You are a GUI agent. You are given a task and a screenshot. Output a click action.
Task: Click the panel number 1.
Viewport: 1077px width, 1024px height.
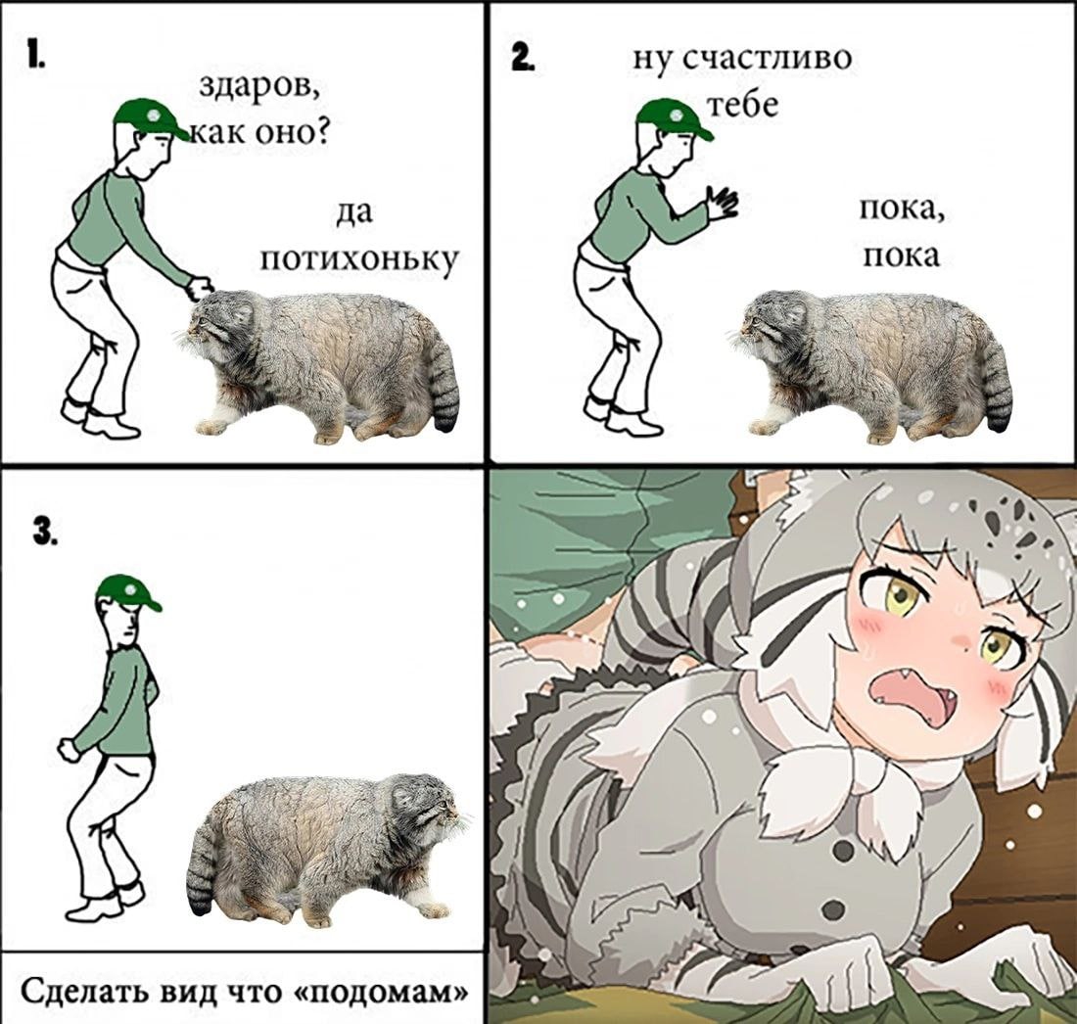pos(35,54)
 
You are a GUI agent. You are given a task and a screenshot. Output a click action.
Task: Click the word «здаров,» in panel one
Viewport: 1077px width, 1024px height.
pos(259,88)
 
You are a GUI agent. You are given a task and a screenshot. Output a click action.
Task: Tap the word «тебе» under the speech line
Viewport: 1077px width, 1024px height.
pos(742,106)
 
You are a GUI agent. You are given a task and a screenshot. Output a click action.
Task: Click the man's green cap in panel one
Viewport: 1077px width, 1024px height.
pos(151,116)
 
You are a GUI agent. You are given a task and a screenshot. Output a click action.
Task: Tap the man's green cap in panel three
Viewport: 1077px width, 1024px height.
pos(127,592)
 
